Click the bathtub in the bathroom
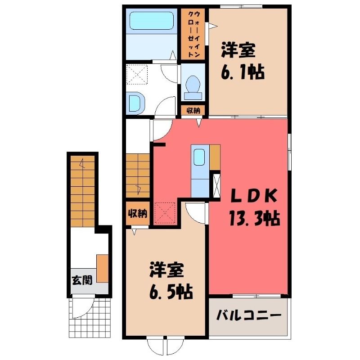pos(151,21)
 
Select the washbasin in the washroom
pos(136,103)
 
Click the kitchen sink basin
pos(199,157)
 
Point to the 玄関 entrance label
pos(82,280)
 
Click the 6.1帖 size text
pos(243,72)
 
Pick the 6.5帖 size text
pos(171,292)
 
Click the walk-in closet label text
pos(194,34)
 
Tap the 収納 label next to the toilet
pos(193,111)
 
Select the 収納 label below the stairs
pos(137,214)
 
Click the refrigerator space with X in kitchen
pos(217,186)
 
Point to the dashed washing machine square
pos(137,74)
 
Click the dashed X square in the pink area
pos(165,212)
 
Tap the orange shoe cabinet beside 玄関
pos(103,268)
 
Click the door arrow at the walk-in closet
pos(212,26)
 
